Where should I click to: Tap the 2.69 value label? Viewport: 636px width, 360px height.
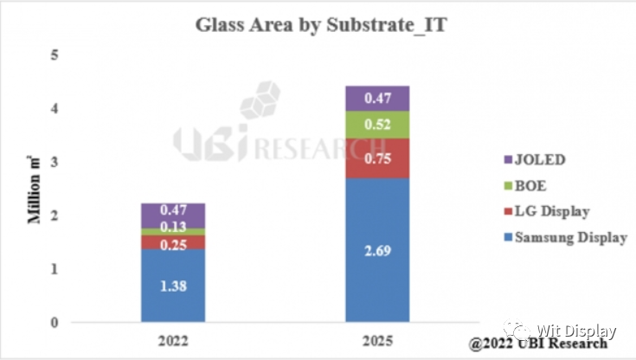pyautogui.click(x=377, y=251)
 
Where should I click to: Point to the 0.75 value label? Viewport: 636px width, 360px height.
pyautogui.click(x=377, y=158)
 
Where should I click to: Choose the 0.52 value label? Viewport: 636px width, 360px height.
pyautogui.click(x=377, y=123)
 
